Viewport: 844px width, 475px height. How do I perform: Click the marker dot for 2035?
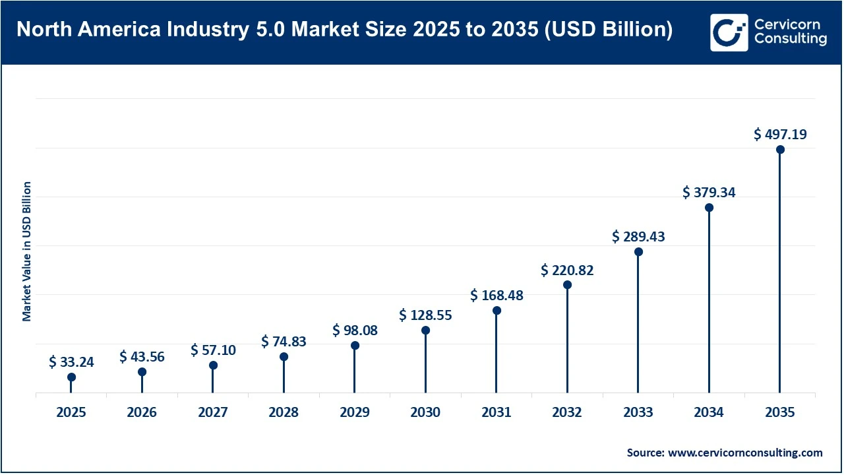pyautogui.click(x=780, y=150)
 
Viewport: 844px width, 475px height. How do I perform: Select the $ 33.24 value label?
pyautogui.click(x=71, y=362)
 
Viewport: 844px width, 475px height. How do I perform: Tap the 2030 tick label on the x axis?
pyautogui.click(x=425, y=413)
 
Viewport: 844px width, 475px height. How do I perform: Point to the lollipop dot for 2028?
pyautogui.click(x=284, y=357)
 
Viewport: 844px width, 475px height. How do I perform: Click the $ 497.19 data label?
pyautogui.click(x=780, y=135)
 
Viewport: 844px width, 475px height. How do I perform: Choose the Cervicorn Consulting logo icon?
pyautogui.click(x=729, y=32)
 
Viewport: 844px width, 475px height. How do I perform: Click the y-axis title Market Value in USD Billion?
pyautogui.click(x=27, y=251)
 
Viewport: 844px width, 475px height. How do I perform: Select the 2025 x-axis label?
pyautogui.click(x=71, y=413)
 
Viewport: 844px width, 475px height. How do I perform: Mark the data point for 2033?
pyautogui.click(x=638, y=252)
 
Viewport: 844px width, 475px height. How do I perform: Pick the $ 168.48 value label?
pyautogui.click(x=497, y=296)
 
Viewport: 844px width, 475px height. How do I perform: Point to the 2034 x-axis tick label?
pyautogui.click(x=709, y=413)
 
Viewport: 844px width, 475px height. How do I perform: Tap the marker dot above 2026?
pyautogui.click(x=142, y=372)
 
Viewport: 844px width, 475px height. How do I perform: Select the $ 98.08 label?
pyautogui.click(x=355, y=330)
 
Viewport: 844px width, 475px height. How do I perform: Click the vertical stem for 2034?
pyautogui.click(x=709, y=303)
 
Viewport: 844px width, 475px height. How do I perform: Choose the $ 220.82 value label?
pyautogui.click(x=567, y=270)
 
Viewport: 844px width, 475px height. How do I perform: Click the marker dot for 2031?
pyautogui.click(x=497, y=311)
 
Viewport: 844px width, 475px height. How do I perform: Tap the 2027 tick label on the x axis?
pyautogui.click(x=213, y=413)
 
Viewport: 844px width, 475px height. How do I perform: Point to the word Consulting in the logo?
pyautogui.click(x=791, y=40)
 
